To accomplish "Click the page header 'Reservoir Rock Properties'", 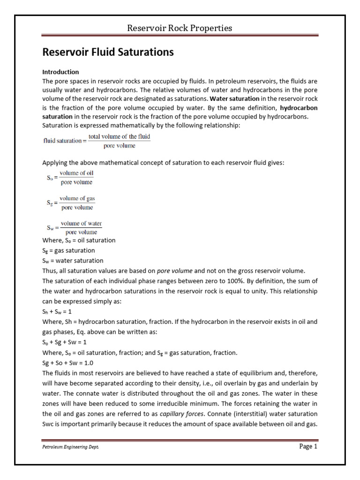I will [180, 28].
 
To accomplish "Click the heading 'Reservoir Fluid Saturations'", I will [108, 52].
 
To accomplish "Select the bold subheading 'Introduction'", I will [61, 72].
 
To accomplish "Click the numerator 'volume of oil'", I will [76, 173].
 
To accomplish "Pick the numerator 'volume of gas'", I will [77, 198].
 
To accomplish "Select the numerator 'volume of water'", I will [81, 224].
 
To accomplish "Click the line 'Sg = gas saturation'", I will [68, 251].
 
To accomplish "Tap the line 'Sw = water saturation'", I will [73, 261].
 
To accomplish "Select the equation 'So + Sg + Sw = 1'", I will [65, 342].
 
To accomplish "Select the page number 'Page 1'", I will [308, 447].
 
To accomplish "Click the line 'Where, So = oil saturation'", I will [79, 240].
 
